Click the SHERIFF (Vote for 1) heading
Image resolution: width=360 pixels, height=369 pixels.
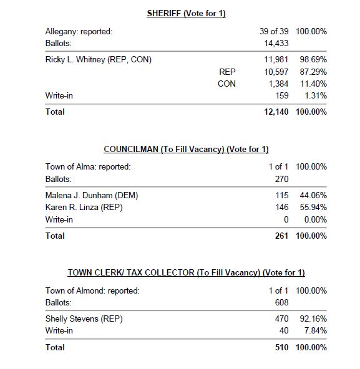[185, 14]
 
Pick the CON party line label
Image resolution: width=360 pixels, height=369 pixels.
[226, 84]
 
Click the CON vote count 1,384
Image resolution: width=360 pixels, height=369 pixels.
[278, 84]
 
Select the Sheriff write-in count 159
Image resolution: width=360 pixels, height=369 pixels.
[281, 95]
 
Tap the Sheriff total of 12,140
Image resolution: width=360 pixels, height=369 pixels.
[273, 112]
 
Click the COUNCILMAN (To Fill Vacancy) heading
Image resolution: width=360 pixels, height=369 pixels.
[185, 150]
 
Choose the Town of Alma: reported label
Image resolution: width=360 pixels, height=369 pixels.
[88, 166]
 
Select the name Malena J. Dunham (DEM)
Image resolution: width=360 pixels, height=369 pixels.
[92, 196]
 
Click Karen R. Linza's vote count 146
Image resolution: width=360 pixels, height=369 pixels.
[281, 208]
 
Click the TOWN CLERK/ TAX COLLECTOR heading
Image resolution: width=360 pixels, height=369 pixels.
[185, 273]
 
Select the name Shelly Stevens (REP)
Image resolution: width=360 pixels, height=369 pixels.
[84, 319]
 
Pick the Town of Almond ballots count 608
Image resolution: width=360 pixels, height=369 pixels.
[281, 302]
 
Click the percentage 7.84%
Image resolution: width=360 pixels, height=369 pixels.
[314, 330]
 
